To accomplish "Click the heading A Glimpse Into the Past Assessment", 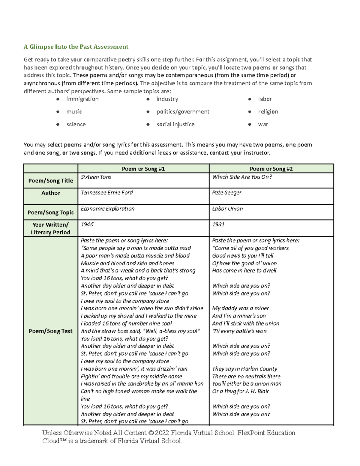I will pyautogui.click(x=76, y=47).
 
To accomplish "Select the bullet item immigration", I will pyautogui.click(x=82, y=99).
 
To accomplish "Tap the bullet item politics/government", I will pyautogui.click(x=183, y=112).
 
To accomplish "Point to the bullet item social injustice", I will pyautogui.click(x=175, y=124).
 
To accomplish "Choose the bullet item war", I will pyautogui.click(x=263, y=124).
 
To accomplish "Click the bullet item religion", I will pyautogui.click(x=268, y=112).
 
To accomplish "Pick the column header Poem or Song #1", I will pyautogui.click(x=143, y=169).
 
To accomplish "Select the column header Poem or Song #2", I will pyautogui.click(x=271, y=169).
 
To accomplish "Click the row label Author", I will pyautogui.click(x=51, y=193).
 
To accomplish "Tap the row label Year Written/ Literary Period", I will pyautogui.click(x=50, y=228).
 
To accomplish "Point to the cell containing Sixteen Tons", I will pyautogui.click(x=96, y=177).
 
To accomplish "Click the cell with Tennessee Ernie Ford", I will pyautogui.click(x=107, y=193).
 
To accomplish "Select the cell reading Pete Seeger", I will pyautogui.click(x=226, y=193).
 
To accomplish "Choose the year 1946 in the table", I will pyautogui.click(x=87, y=224).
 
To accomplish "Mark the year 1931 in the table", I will pyautogui.click(x=218, y=224).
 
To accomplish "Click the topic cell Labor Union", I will pyautogui.click(x=227, y=209).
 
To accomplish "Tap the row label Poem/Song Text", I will pyautogui.click(x=50, y=331).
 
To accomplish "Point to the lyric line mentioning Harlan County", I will pyautogui.click(x=244, y=369).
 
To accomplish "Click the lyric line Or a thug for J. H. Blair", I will pyautogui.click(x=240, y=391).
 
